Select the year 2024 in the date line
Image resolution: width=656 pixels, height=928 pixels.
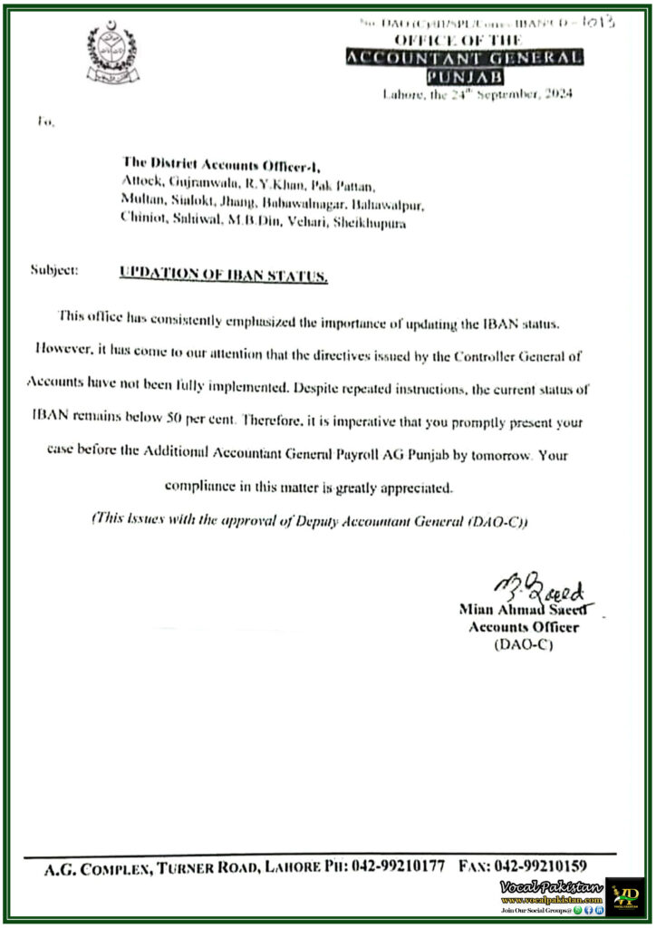pyautogui.click(x=555, y=93)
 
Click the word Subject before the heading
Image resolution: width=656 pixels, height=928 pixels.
pyautogui.click(x=54, y=270)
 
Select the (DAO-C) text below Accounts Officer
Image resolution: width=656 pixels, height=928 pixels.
pyautogui.click(x=523, y=644)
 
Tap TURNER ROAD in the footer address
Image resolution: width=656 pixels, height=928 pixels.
pyautogui.click(x=211, y=867)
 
